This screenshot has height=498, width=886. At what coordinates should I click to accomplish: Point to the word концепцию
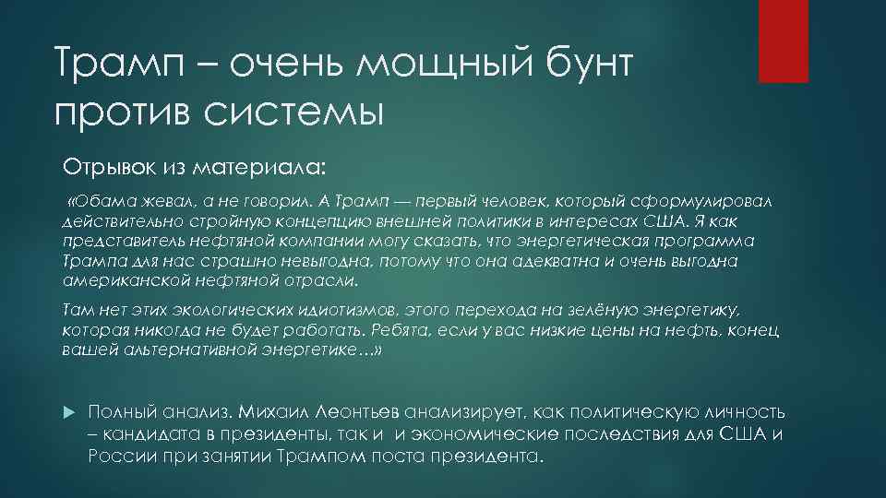tap(296, 221)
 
